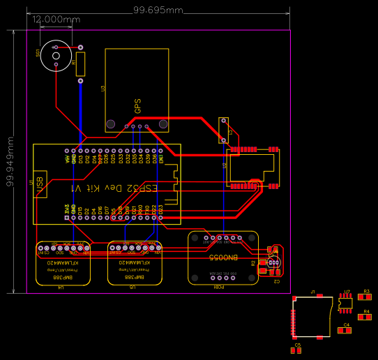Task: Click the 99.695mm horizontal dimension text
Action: point(158,10)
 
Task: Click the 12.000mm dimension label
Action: point(52,20)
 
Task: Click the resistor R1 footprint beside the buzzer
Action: point(81,64)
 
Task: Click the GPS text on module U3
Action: point(138,106)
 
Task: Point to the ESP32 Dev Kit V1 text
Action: point(116,188)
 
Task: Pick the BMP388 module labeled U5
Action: point(135,262)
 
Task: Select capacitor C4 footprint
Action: point(345,331)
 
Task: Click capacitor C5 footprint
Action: point(297,351)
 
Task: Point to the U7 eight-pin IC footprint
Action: point(346,303)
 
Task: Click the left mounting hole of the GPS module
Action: point(110,125)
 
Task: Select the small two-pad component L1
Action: point(223,130)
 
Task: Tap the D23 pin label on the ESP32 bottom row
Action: point(160,209)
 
